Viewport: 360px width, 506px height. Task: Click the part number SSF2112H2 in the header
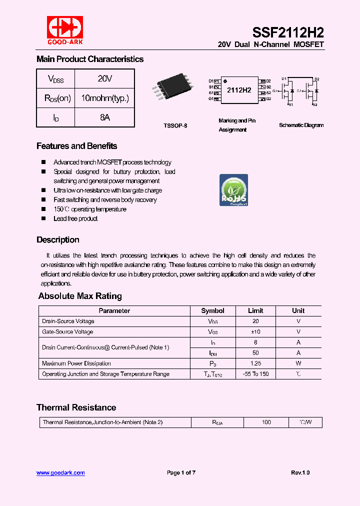(x=288, y=33)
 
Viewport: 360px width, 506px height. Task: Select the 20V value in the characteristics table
(x=104, y=78)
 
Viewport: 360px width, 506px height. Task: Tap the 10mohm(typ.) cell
(x=104, y=98)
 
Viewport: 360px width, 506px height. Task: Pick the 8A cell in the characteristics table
(x=104, y=117)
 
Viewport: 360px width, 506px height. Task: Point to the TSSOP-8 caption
(x=175, y=125)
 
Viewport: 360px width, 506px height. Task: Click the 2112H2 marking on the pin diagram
(x=239, y=90)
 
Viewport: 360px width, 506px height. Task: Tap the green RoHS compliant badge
(x=234, y=190)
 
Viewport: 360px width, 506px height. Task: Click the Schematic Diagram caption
(x=301, y=125)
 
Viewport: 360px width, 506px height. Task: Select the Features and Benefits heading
(x=77, y=146)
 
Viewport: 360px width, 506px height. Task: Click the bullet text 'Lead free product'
(x=75, y=218)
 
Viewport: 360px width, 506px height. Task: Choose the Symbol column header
(x=212, y=310)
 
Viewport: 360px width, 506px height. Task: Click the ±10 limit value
(x=255, y=332)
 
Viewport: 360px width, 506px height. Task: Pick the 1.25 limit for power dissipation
(x=255, y=363)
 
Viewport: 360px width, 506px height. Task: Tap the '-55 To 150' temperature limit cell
(x=255, y=374)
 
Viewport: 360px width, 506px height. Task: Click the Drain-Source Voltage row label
(x=68, y=321)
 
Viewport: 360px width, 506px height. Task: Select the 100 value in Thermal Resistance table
(x=266, y=422)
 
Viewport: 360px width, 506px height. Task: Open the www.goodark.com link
(x=60, y=472)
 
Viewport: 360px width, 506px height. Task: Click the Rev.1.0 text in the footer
(x=300, y=472)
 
